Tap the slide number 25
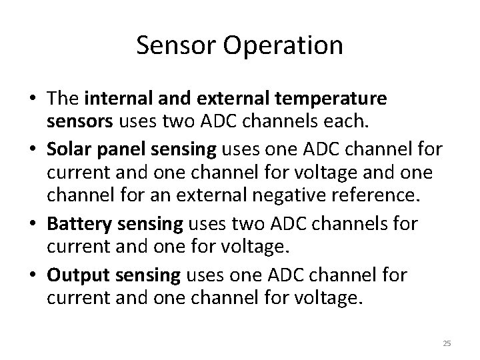(447, 343)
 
